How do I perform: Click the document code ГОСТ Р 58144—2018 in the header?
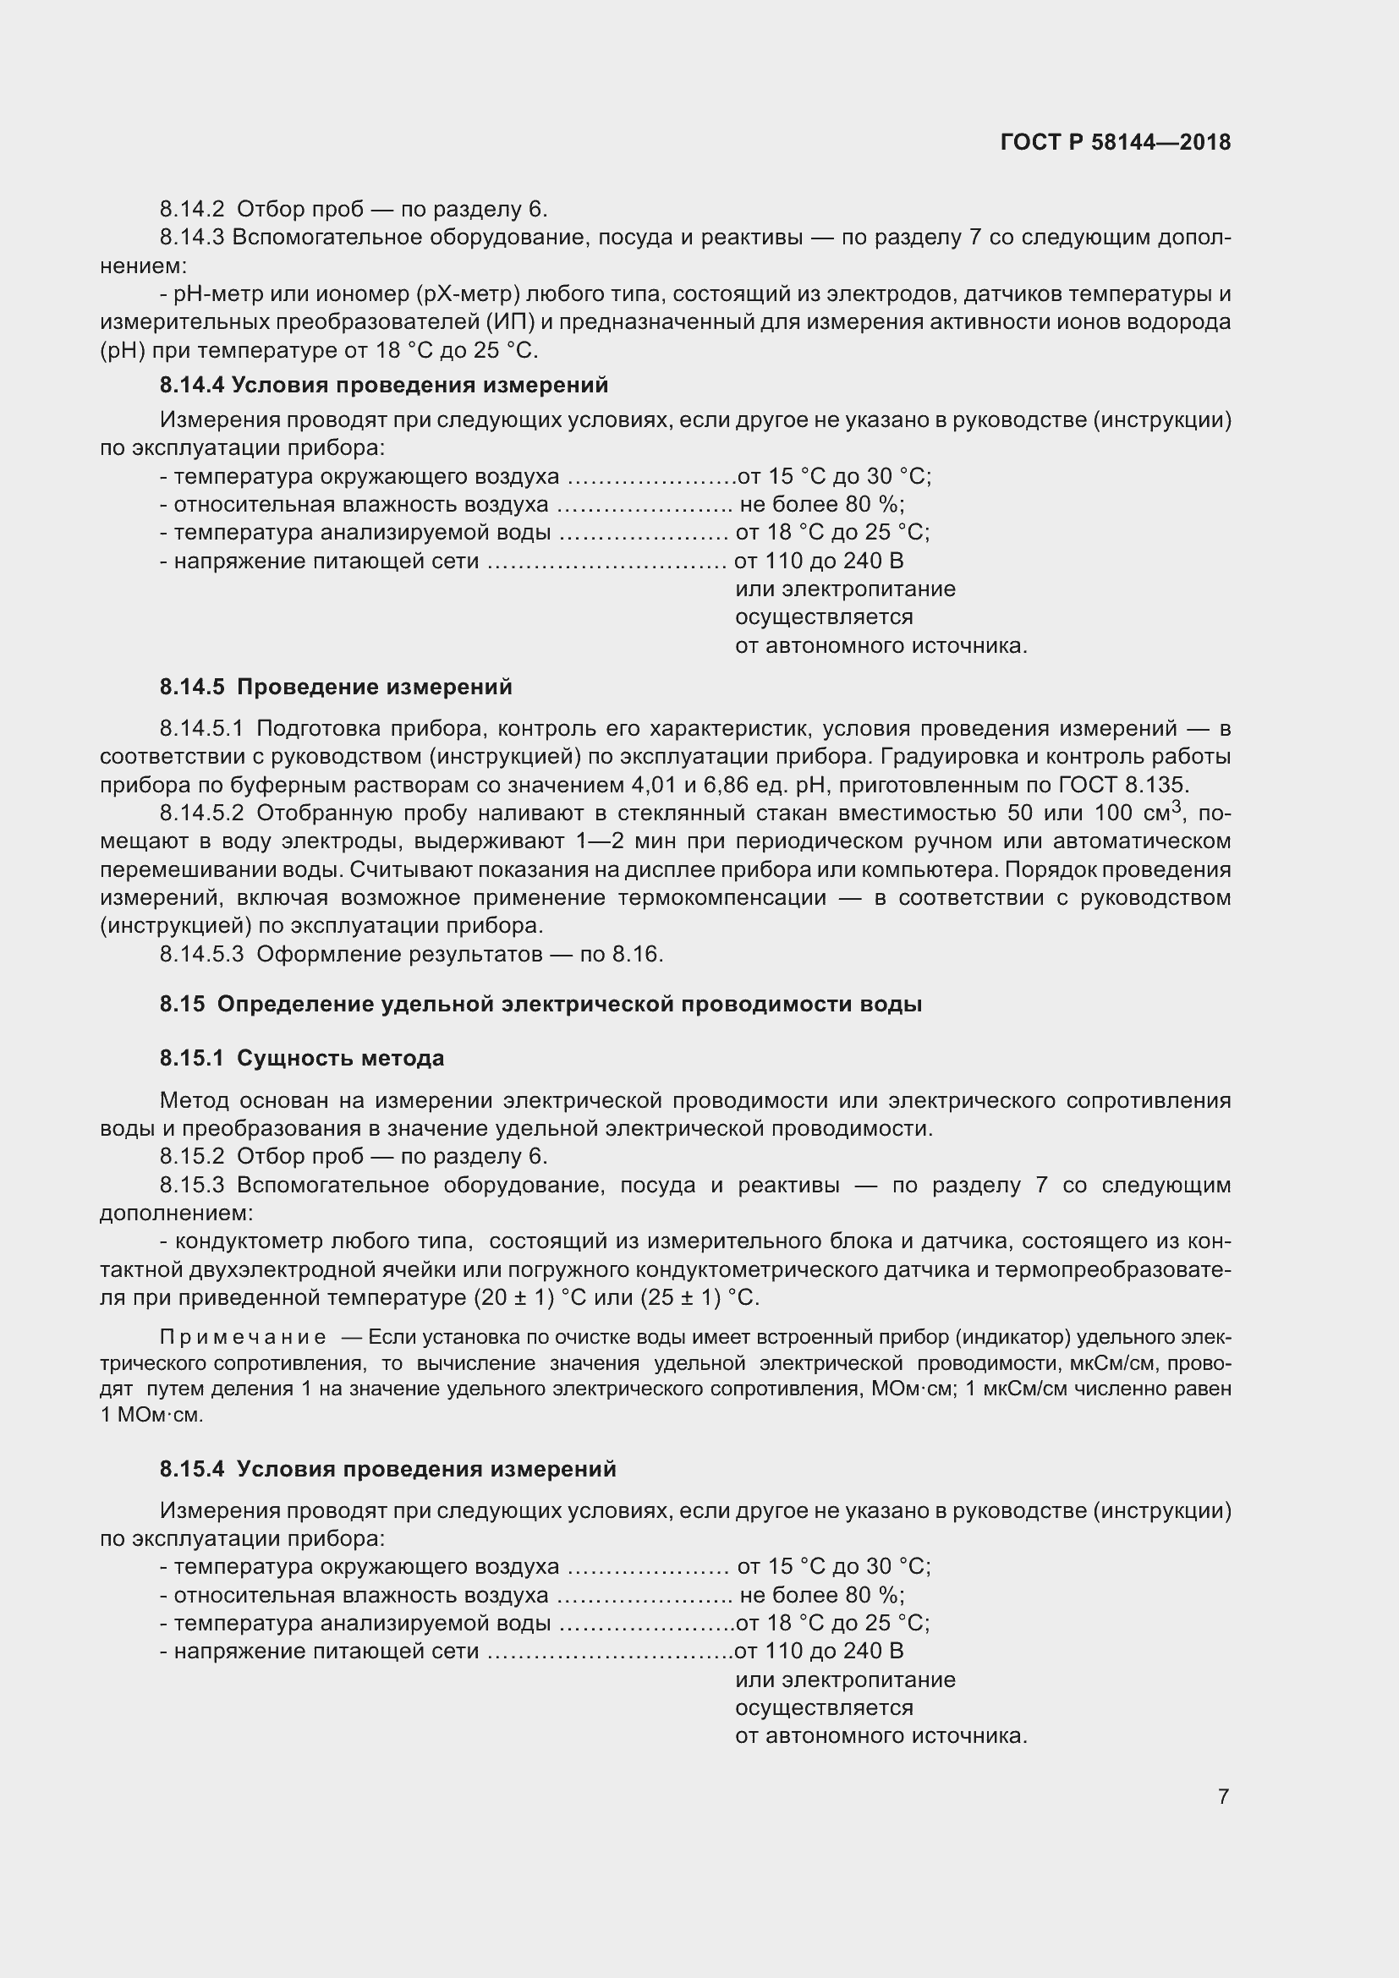[x=1115, y=142]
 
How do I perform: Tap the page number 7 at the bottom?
[x=1223, y=1795]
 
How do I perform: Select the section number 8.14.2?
[x=191, y=210]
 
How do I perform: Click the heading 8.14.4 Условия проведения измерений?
[x=383, y=385]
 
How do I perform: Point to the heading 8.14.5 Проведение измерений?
[x=335, y=687]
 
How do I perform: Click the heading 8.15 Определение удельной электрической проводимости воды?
[x=540, y=1004]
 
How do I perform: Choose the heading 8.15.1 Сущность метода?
[x=301, y=1058]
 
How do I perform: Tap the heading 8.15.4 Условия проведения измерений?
[x=387, y=1469]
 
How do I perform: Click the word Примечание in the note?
[x=243, y=1337]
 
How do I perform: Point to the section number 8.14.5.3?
[x=201, y=954]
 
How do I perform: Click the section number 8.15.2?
[x=191, y=1156]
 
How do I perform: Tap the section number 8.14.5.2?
[x=201, y=814]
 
